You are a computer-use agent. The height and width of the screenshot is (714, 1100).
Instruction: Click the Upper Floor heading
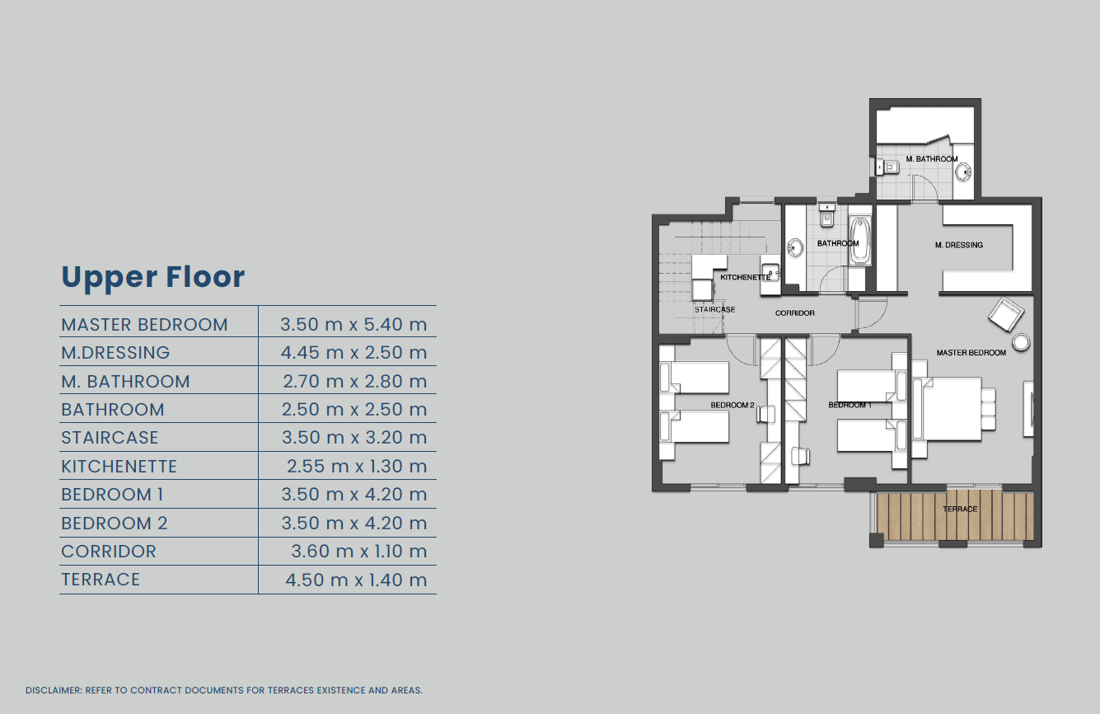152,277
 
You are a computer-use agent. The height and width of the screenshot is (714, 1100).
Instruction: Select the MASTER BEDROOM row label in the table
144,325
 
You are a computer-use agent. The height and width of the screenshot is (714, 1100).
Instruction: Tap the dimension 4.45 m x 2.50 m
353,352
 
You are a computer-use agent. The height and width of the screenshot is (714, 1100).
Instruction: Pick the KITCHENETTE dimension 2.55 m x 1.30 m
357,467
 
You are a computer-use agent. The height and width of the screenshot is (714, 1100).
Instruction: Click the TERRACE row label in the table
101,580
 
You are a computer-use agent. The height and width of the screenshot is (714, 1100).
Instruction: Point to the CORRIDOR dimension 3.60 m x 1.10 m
359,552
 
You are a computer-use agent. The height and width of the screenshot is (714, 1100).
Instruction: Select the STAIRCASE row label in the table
110,437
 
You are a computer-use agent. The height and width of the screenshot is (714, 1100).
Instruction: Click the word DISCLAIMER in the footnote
54,690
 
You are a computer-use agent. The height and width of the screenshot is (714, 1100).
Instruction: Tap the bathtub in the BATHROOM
860,242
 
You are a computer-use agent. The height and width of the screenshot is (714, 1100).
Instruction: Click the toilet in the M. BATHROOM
887,167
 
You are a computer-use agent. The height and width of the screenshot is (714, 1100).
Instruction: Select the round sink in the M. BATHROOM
963,172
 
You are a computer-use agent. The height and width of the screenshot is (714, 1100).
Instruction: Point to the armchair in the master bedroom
1006,314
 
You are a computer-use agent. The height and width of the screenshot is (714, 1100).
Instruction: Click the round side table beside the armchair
1022,342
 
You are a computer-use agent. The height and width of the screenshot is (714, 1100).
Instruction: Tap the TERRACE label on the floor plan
960,509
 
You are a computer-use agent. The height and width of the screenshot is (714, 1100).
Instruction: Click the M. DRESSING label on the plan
959,245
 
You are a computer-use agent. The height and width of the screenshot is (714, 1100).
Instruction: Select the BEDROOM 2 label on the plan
733,405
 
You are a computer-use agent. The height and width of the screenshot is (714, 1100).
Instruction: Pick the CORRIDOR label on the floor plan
794,313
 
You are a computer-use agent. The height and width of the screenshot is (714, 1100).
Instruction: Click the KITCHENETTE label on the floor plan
746,277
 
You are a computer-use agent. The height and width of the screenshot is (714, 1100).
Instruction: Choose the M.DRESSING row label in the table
115,353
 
